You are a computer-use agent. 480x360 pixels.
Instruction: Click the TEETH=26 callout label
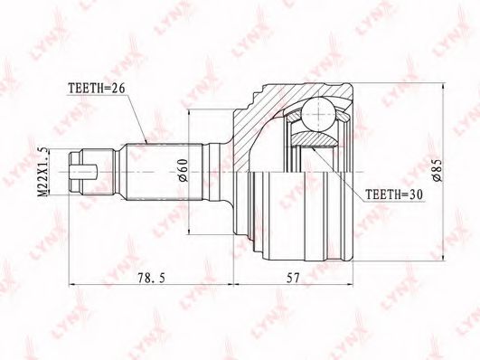97,89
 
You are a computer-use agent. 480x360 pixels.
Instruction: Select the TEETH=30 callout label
394,194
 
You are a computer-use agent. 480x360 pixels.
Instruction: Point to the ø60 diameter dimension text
183,170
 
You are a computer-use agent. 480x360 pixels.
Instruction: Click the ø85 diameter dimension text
437,170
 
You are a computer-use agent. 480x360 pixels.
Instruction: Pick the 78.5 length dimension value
152,278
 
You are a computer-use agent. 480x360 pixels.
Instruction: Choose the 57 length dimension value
293,278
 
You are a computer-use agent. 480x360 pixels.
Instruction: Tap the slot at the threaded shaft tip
83,172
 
